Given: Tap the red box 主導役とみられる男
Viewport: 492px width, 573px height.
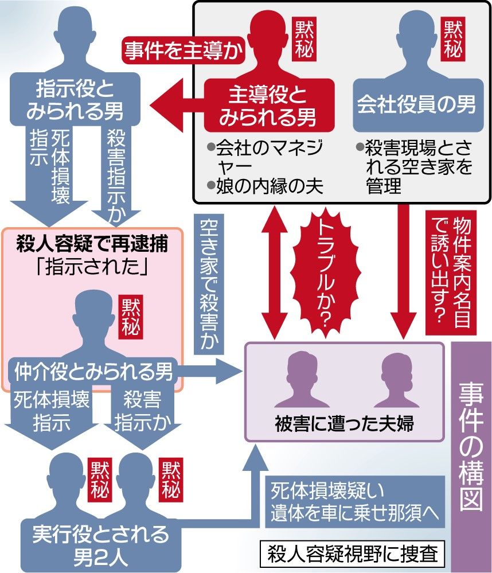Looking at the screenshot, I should pos(264,107).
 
